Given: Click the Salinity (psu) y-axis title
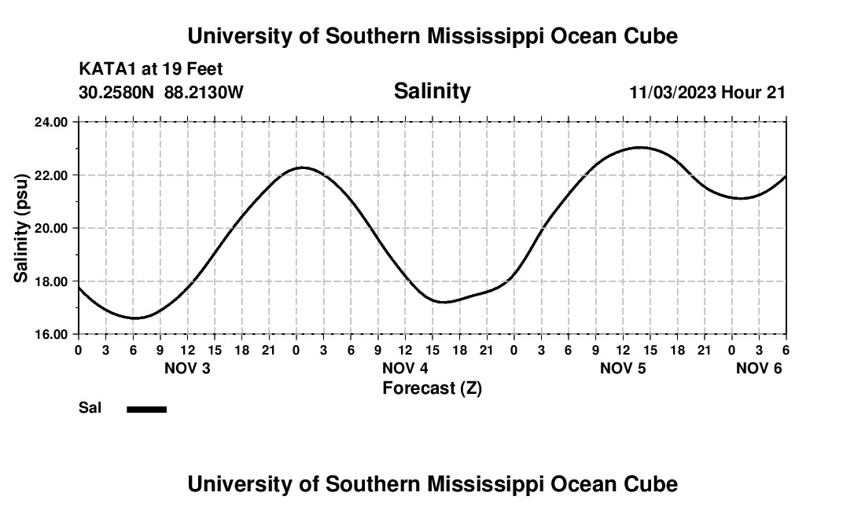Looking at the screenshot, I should click(21, 228).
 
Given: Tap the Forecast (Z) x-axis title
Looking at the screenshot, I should click(432, 388).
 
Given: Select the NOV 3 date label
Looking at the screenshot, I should click(187, 369).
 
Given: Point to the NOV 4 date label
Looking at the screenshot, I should click(405, 369).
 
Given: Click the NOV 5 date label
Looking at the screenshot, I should click(623, 369).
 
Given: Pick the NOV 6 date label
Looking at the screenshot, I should click(758, 369).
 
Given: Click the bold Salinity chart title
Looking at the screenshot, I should click(432, 91).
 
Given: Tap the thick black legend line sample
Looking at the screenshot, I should click(147, 409).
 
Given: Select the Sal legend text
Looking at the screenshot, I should click(90, 408).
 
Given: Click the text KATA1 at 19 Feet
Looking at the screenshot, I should click(151, 69).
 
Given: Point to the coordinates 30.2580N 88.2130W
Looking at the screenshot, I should click(161, 93).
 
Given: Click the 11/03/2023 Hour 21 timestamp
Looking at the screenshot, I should click(707, 93).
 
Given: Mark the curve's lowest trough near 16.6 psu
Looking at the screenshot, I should click(134, 318).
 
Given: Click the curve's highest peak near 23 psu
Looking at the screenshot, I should click(641, 147).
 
